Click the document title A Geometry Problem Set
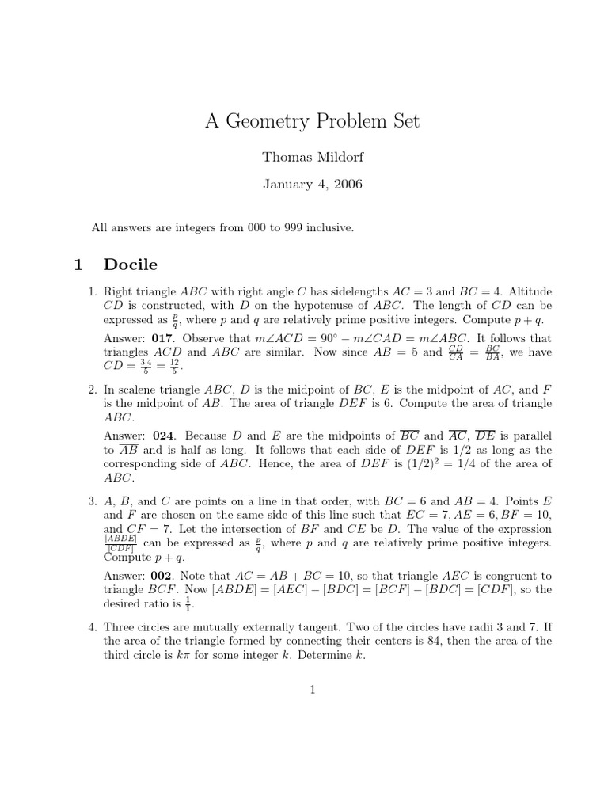click(x=313, y=121)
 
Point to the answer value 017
click(x=161, y=336)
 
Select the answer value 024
click(x=161, y=436)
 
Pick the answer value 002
click(x=161, y=575)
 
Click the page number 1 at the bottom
click(x=313, y=690)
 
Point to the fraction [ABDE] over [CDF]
click(x=120, y=543)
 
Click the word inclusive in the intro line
click(x=326, y=227)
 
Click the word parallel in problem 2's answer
click(x=530, y=436)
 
